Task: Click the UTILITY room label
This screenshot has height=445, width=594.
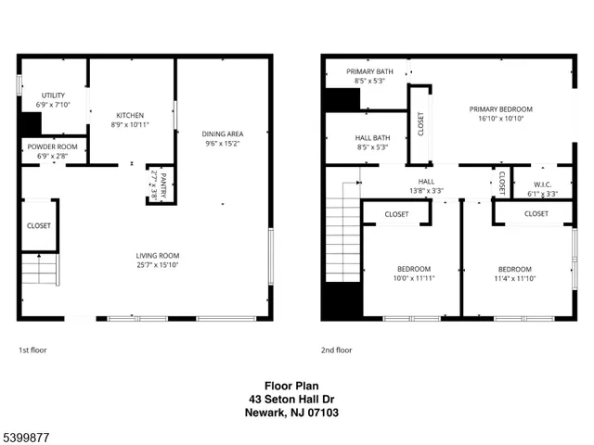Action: click(53, 95)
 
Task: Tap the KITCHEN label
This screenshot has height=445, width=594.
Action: click(129, 114)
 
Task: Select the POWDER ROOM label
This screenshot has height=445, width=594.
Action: click(53, 147)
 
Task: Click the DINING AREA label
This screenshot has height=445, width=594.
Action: click(223, 133)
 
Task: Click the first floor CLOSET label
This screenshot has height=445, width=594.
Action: click(39, 225)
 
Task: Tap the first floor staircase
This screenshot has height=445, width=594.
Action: click(40, 272)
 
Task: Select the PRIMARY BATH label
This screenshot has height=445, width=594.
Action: click(369, 71)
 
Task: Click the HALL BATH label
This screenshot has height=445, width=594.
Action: click(370, 137)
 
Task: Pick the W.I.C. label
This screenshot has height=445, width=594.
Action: click(536, 183)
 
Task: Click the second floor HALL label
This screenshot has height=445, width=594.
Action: click(426, 182)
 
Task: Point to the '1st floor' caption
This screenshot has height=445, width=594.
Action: click(32, 350)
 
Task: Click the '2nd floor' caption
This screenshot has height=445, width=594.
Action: click(337, 350)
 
